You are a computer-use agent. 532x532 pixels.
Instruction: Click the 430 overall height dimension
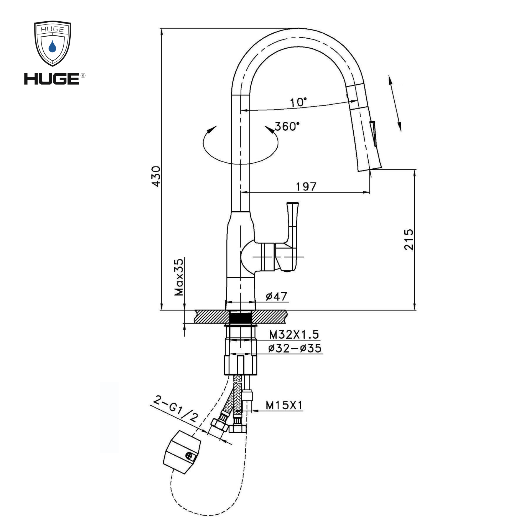pos(156,176)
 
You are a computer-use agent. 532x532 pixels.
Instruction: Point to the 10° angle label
pos(298,102)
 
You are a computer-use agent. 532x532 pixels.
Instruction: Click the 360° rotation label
pos(287,126)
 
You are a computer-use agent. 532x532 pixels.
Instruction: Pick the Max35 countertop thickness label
pos(179,277)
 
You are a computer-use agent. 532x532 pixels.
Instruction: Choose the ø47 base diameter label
pos(276,296)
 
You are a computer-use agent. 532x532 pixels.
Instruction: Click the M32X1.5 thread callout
pos(294,334)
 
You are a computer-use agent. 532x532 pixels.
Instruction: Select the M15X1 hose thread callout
pos(284,405)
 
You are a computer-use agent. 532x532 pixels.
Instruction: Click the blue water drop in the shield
pos(52,47)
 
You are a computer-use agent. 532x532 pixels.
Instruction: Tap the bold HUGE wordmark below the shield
pos(52,79)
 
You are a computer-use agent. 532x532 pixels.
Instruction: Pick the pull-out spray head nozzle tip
pos(370,167)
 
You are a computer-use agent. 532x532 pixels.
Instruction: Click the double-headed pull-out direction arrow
pos(395,103)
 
